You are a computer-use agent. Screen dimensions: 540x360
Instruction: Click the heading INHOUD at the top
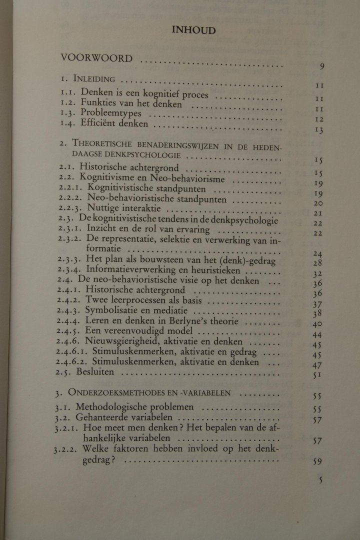[193, 30]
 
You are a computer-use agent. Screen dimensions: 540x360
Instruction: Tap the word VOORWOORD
[96, 58]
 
